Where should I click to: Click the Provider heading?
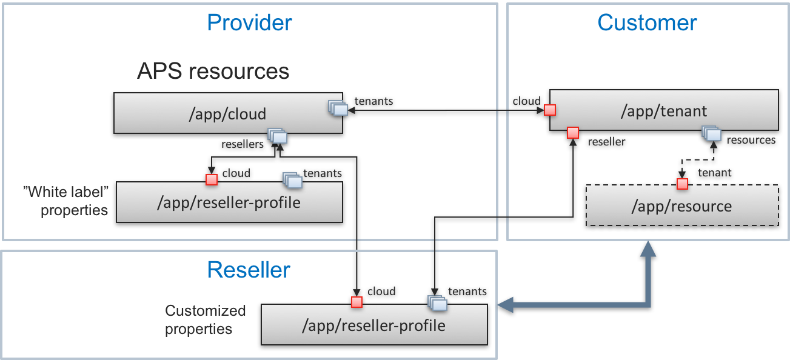tap(249, 23)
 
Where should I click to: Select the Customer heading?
tap(647, 23)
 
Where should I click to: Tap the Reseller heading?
tap(249, 270)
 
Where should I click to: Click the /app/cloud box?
tap(228, 113)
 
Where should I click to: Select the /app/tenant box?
tap(663, 111)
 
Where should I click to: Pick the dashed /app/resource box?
tap(681, 206)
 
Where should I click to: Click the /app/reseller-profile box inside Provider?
tap(229, 202)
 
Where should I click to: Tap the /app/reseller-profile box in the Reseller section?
tap(373, 325)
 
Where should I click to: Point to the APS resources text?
tap(213, 72)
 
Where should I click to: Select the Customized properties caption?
tap(206, 320)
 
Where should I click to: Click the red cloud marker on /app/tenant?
tap(549, 110)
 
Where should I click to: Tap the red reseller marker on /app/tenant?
tap(572, 133)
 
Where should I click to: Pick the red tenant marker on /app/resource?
tap(682, 183)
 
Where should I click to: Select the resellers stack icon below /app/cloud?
tap(278, 136)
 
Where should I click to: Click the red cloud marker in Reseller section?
tap(357, 302)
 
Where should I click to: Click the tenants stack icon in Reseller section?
tap(437, 302)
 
